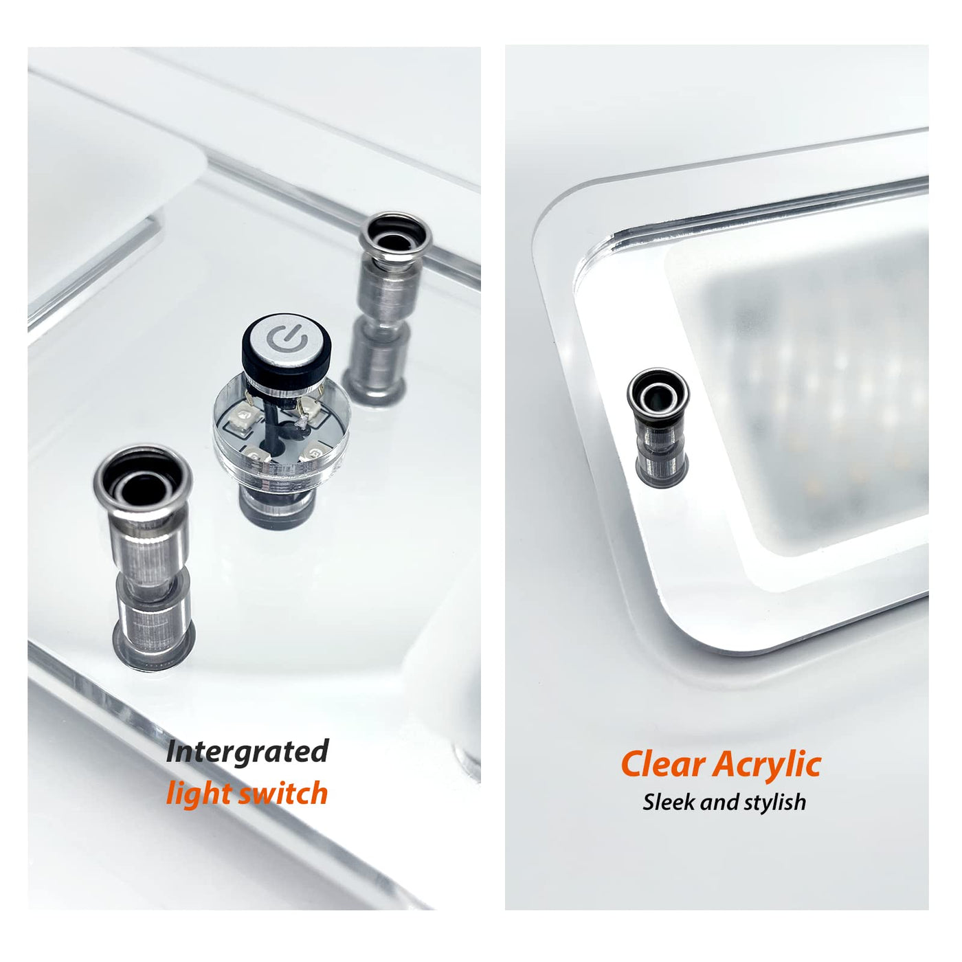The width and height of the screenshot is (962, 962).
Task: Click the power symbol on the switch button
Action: pos(286,339)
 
